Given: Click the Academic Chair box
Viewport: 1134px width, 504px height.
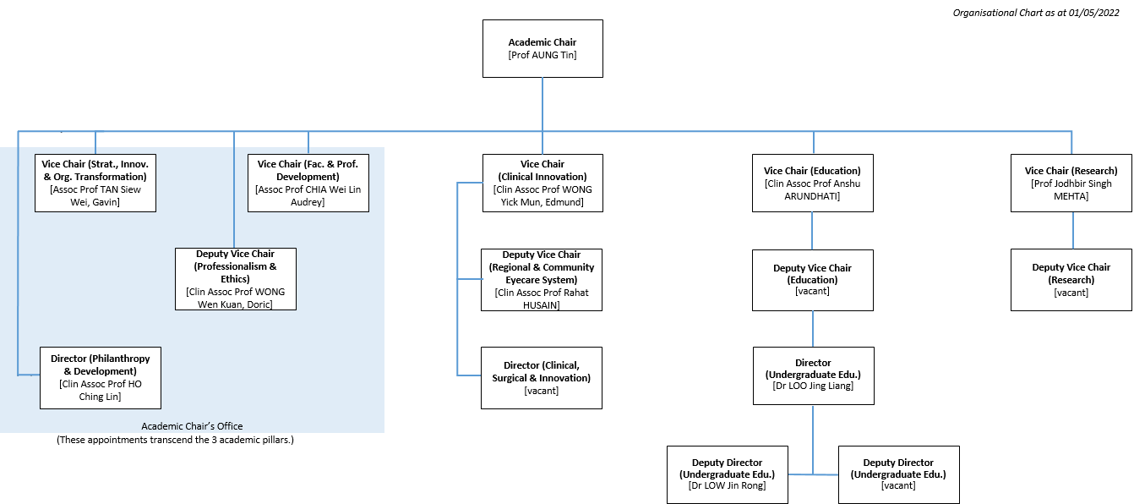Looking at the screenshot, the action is (x=542, y=49).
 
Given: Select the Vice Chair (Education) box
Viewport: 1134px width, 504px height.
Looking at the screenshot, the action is (x=813, y=183).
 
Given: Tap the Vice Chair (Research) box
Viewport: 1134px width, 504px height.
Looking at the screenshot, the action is (x=1071, y=183).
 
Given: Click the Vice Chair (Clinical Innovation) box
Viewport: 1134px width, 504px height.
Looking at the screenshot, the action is (x=542, y=183).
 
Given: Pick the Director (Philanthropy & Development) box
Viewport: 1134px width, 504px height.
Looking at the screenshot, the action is (x=101, y=378).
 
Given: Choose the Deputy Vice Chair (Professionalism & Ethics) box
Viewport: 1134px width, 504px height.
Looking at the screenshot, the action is (x=236, y=279).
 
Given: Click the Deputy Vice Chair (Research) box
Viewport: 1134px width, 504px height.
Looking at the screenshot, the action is (x=1071, y=280).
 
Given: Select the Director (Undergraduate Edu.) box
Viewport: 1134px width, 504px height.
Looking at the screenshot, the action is (x=813, y=375).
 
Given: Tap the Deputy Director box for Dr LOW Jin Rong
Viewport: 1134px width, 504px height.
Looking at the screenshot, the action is (x=727, y=474).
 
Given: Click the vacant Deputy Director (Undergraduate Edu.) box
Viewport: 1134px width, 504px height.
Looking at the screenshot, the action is (x=898, y=474).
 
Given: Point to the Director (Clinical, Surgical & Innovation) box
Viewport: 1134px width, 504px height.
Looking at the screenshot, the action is (x=541, y=378).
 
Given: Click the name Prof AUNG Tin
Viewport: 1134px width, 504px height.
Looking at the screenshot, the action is (x=542, y=55).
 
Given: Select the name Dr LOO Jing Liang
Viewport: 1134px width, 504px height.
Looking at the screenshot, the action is (x=813, y=386).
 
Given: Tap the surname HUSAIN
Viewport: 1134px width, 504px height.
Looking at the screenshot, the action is (x=541, y=305).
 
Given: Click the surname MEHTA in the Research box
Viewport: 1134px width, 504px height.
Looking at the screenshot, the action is (x=1071, y=196).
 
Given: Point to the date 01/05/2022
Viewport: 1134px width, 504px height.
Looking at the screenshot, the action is (x=1094, y=13).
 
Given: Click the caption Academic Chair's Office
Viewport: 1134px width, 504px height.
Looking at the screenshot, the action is (x=192, y=426).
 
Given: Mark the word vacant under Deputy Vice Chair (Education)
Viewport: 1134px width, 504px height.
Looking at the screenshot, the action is (x=813, y=291).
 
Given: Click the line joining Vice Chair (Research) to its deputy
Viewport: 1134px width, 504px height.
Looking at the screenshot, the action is (x=1073, y=231).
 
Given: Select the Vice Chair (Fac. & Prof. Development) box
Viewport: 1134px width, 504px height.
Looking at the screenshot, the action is (x=308, y=183).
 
